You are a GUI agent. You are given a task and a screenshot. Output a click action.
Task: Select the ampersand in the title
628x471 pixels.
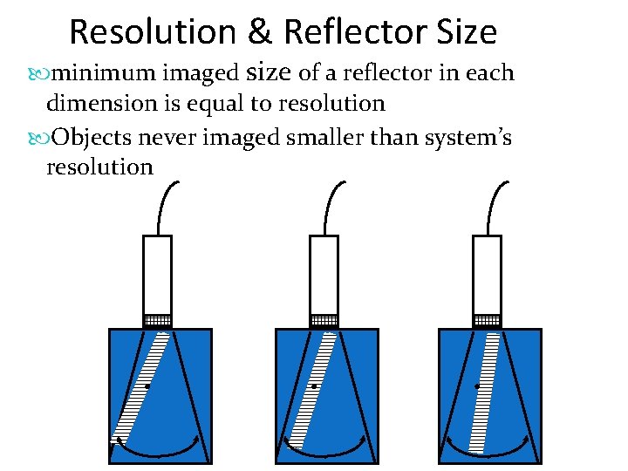click(260, 33)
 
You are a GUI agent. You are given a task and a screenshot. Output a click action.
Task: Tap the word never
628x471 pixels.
click(174, 136)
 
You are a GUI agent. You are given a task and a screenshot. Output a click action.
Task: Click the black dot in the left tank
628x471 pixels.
click(147, 386)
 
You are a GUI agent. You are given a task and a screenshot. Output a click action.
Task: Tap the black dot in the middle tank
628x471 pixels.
click(313, 386)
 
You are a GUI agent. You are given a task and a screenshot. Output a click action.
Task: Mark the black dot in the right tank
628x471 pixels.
click(477, 386)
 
